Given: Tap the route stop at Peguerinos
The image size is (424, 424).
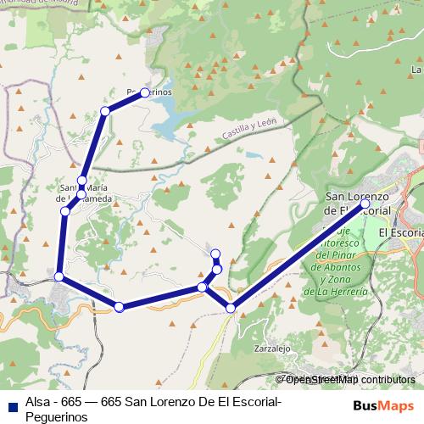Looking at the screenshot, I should click(x=145, y=92).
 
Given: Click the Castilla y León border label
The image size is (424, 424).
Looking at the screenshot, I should click(x=250, y=130).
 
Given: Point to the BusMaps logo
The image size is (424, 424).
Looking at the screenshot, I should click(x=384, y=405).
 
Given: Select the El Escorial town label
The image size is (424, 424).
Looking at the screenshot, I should click(x=399, y=232).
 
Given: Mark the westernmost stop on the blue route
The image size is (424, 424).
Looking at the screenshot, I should click(x=59, y=276).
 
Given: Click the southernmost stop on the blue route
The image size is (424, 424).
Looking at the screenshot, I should click(x=231, y=308).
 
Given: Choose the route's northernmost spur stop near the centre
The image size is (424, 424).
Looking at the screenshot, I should click(x=215, y=254).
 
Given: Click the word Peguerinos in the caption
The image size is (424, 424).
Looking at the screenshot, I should click(x=56, y=417).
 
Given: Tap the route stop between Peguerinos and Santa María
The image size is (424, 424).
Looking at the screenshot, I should click(x=105, y=111).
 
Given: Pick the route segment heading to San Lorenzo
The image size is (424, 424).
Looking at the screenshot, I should click(x=297, y=256).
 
